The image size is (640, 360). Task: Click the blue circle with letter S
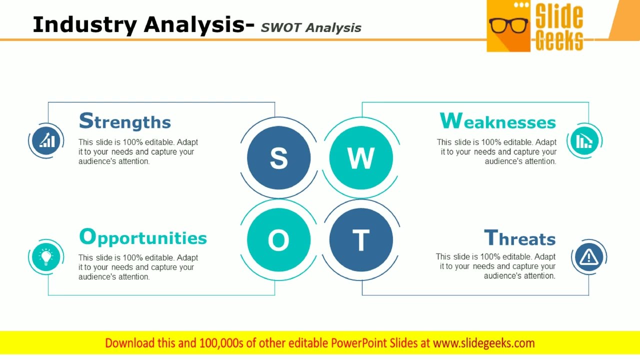[278, 157]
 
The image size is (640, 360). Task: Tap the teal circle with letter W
[360, 157]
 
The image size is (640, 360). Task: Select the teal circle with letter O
[278, 240]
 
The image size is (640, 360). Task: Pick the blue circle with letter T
[360, 240]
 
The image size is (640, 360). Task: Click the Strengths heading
[125, 121]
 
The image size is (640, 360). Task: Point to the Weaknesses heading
[497, 121]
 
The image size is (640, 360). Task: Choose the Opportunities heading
[143, 237]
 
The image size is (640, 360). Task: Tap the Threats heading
[519, 238]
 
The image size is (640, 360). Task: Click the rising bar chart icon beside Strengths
[46, 140]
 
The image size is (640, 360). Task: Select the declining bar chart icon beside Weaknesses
[584, 140]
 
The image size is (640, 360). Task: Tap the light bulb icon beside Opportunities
[46, 256]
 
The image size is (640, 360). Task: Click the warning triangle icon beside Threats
[588, 257]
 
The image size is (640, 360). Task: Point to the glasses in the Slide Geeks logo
[508, 25]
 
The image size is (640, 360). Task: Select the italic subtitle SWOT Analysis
[311, 27]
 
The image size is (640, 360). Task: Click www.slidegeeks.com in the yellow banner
[483, 343]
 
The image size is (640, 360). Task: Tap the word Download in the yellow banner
[129, 343]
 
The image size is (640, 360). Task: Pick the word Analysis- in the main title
[199, 24]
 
